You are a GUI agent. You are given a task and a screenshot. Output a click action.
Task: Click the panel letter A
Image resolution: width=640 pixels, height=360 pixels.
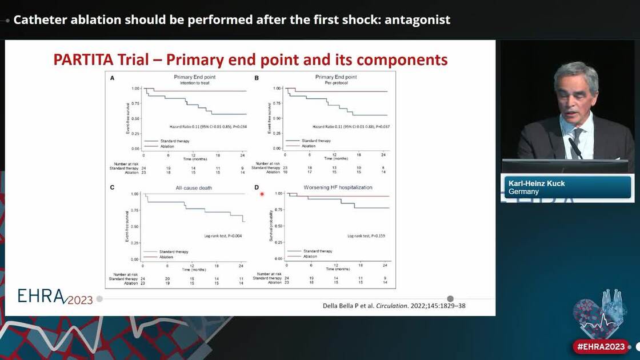tap(113, 78)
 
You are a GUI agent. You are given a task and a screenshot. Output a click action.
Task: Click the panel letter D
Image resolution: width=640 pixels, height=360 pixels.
tap(257, 187)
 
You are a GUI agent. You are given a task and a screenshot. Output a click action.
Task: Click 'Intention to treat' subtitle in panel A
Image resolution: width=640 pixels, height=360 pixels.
tap(195, 83)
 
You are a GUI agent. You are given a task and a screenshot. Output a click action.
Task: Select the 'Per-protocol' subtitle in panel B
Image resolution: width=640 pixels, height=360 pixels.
tap(336, 83)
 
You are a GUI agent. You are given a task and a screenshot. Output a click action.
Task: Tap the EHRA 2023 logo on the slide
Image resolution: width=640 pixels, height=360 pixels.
tap(55, 296)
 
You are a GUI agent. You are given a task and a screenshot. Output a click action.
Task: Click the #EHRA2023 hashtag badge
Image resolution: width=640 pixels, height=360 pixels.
tap(601, 346)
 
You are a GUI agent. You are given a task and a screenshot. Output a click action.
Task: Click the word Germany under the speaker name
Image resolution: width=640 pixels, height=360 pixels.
tap(524, 192)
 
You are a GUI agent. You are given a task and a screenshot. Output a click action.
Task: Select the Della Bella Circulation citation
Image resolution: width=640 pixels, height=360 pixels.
tap(394, 306)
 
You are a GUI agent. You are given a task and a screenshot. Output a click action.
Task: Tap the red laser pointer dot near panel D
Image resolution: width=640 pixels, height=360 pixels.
tap(262, 194)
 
